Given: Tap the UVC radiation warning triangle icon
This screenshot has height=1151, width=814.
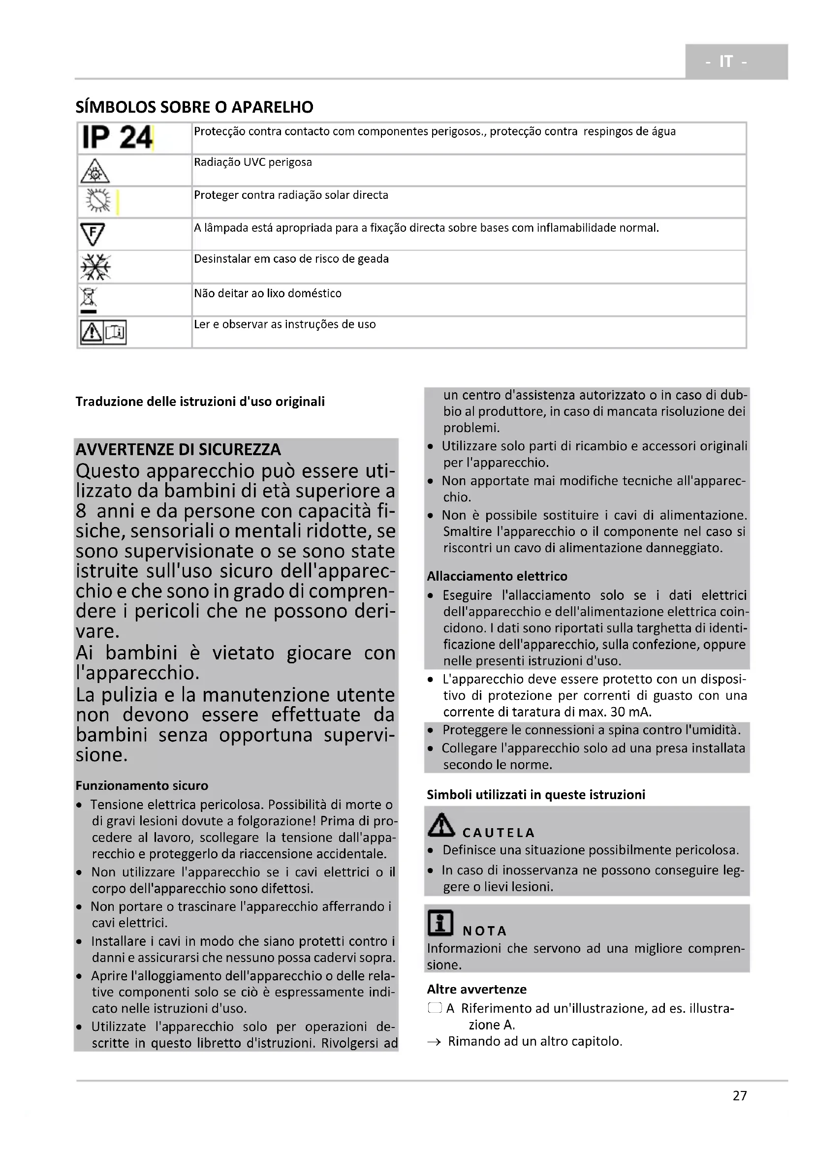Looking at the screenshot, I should tap(94, 171).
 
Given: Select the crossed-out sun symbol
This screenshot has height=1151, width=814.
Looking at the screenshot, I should tap(98, 201).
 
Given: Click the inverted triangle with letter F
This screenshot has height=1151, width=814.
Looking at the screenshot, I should tap(93, 234).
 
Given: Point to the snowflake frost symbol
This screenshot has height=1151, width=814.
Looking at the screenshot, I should tap(95, 267).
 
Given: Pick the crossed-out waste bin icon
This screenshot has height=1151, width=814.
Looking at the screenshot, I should tap(89, 299).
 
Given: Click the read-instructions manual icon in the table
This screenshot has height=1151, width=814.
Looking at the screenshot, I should tap(103, 332).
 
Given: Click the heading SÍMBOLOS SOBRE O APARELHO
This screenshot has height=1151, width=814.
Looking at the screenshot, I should tap(194, 107).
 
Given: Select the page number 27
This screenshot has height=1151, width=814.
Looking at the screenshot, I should tap(739, 1095).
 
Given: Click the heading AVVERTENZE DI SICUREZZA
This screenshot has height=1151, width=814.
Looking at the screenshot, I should tap(178, 449).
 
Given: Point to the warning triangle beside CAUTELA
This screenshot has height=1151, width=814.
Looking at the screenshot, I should tap(441, 825).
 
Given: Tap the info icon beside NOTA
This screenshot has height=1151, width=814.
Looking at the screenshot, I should tap(440, 923).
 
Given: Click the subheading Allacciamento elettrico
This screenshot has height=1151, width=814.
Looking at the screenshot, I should tap(497, 576).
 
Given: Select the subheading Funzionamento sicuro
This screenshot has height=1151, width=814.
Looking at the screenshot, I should tap(142, 785).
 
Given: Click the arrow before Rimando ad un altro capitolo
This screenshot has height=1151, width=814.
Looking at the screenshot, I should tap(434, 1042).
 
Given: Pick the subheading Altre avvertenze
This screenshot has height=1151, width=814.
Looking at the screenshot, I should tap(476, 989).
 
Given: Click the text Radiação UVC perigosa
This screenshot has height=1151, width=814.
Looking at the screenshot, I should tap(252, 162).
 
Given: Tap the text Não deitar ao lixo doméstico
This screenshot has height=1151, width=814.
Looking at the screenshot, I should tap(268, 293).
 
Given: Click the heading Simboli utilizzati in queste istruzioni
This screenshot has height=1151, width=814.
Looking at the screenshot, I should tap(536, 794).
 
